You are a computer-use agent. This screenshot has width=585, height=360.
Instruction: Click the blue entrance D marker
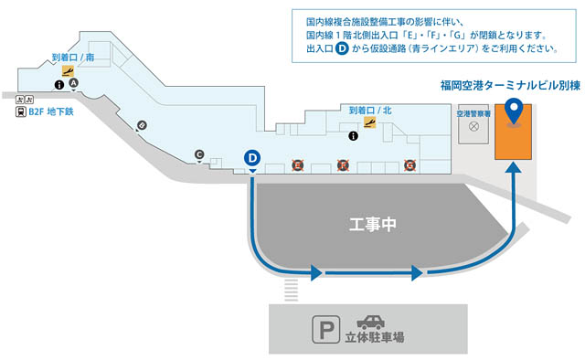click(253, 158)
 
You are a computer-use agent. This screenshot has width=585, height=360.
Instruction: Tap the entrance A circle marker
click(74, 82)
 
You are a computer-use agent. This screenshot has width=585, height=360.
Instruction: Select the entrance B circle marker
click(142, 125)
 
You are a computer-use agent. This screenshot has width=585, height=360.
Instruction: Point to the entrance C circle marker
click(199, 155)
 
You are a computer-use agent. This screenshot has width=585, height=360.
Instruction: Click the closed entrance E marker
click(297, 165)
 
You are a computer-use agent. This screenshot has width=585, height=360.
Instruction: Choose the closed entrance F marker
click(344, 165)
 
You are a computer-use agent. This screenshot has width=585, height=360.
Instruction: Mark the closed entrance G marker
click(410, 165)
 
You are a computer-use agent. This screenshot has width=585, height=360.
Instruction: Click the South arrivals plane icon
click(68, 70)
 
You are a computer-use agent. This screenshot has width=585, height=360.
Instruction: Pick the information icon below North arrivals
click(354, 136)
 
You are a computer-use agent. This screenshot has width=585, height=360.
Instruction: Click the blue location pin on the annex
click(515, 111)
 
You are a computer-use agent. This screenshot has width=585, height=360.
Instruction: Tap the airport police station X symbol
click(473, 129)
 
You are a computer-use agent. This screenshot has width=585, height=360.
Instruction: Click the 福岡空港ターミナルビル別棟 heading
click(510, 88)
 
